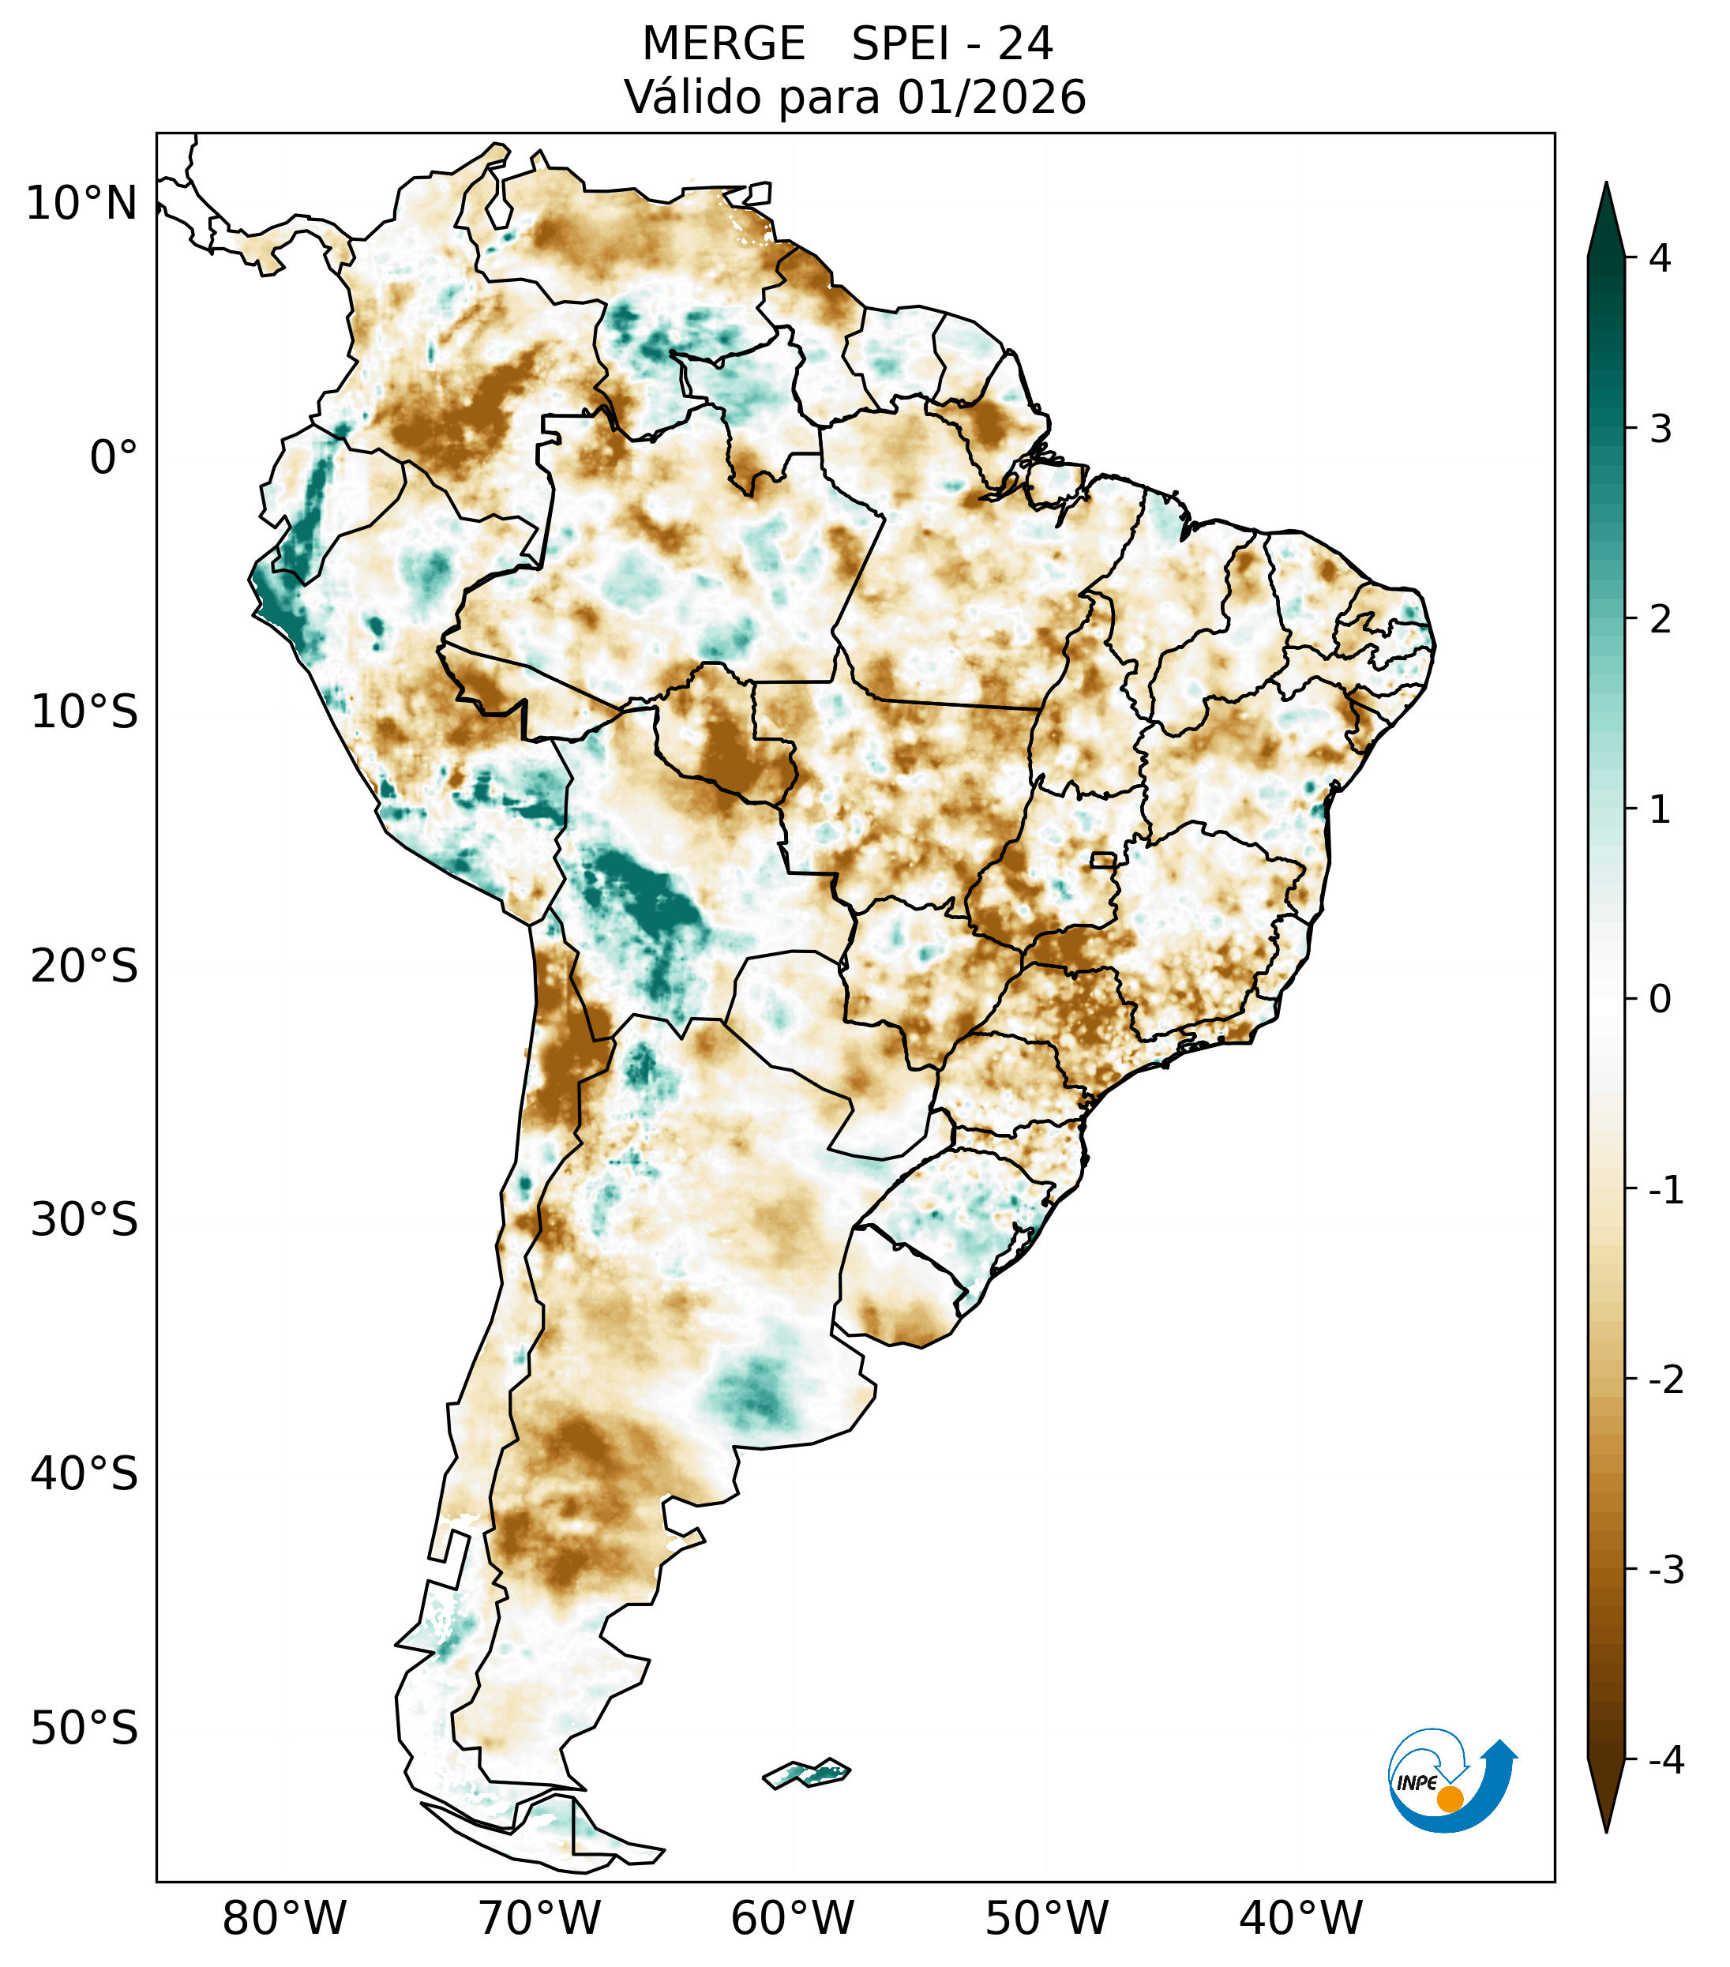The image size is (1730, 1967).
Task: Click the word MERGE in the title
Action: coord(722,44)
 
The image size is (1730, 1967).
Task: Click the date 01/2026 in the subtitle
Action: coord(991,97)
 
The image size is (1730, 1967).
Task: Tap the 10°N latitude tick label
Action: coord(82,204)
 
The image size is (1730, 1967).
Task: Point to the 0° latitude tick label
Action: coord(114,458)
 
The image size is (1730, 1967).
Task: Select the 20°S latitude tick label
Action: coord(84,967)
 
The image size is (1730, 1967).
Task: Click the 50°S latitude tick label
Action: coord(84,1729)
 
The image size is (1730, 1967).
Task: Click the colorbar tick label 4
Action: coord(1660,258)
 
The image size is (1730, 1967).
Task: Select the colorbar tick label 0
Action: coord(1660,1000)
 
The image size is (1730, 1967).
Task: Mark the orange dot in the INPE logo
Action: coord(1449,1799)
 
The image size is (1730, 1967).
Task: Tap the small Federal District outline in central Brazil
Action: coord(1102,859)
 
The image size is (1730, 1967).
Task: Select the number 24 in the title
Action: coord(1025,44)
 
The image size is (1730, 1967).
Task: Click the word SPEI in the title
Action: coord(899,44)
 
